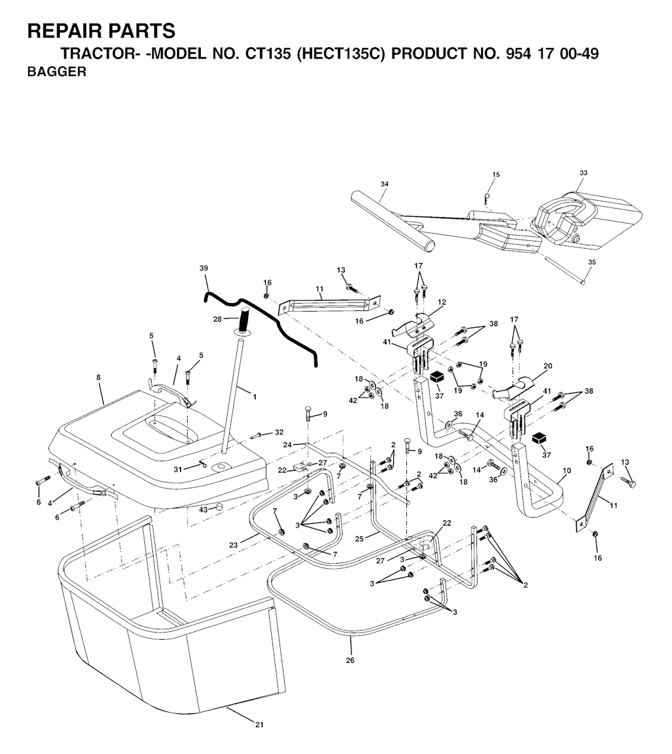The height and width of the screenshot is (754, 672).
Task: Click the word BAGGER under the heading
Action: point(57,72)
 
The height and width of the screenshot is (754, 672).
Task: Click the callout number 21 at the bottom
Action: point(259,724)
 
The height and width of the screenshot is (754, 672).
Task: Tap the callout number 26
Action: point(350,660)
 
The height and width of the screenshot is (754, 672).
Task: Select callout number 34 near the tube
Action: point(384,184)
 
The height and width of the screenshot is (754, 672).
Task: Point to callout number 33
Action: point(583,173)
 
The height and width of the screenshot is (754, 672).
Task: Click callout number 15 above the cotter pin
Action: point(496,175)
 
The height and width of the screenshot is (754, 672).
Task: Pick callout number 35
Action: point(592,262)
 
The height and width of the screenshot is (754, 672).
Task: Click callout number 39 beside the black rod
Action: point(203,268)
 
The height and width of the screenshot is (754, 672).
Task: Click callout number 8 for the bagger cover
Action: point(98,378)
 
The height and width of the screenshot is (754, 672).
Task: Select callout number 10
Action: point(566,471)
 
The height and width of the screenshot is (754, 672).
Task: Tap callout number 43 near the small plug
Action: point(203,510)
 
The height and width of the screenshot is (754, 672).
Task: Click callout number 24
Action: point(287,444)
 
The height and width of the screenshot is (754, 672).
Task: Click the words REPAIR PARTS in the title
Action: point(102,30)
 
